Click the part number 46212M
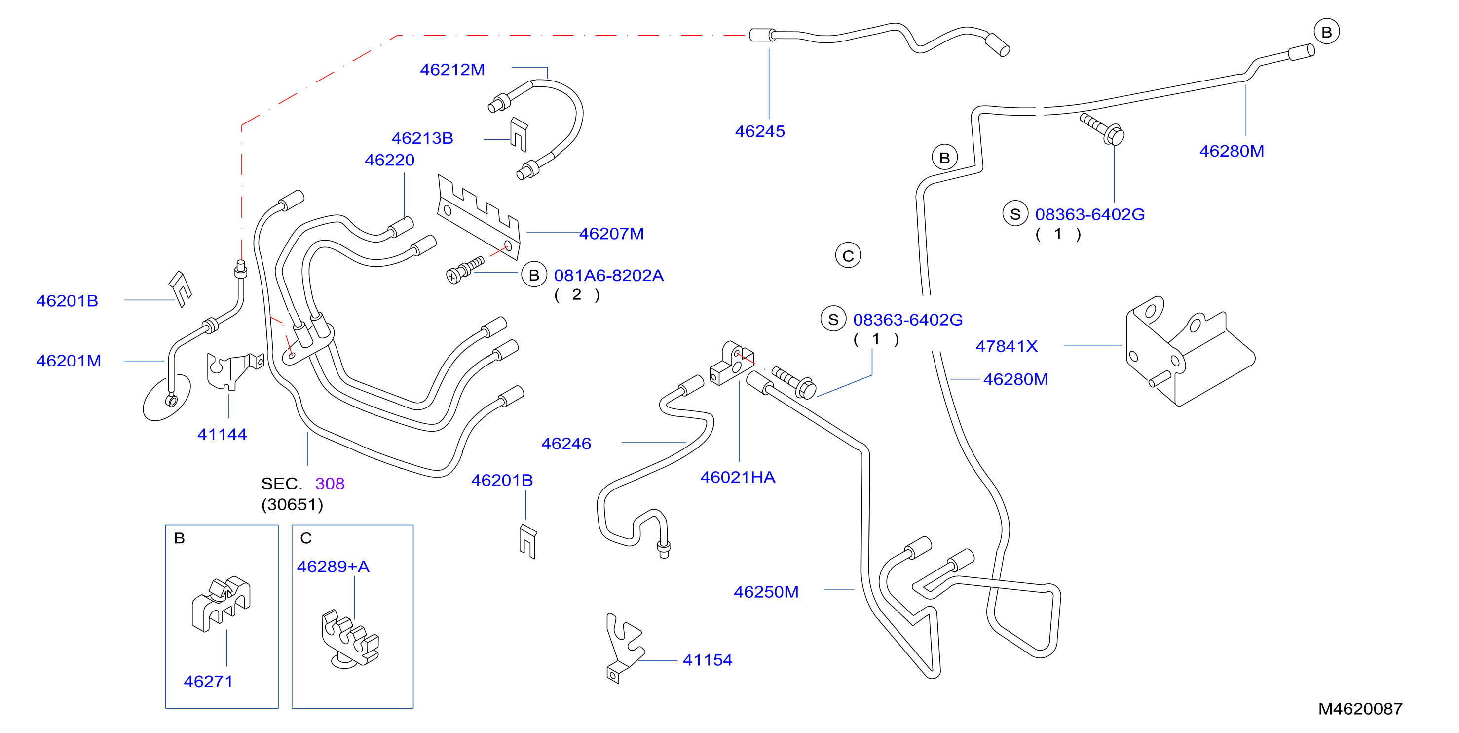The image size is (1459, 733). (x=452, y=69)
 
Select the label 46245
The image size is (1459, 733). (x=759, y=131)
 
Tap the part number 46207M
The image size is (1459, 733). (x=611, y=234)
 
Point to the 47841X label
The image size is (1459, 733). (x=1006, y=346)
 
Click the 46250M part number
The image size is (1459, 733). (x=766, y=592)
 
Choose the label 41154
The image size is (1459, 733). (x=708, y=660)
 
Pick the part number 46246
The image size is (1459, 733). (x=566, y=444)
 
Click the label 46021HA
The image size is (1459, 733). (x=738, y=477)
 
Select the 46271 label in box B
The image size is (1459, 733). (x=208, y=682)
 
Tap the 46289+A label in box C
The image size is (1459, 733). (x=333, y=567)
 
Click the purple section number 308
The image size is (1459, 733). (x=330, y=484)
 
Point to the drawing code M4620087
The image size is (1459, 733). (x=1360, y=709)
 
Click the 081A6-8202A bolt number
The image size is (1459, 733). (x=608, y=276)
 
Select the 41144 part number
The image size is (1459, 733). (x=222, y=434)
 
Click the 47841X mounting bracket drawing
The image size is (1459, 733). (x=1190, y=352)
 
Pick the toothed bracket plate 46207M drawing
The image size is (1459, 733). (x=479, y=218)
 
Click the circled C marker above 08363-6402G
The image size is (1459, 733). (x=848, y=256)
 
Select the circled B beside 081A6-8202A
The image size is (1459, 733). (x=533, y=275)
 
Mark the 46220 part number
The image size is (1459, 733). (x=389, y=160)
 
